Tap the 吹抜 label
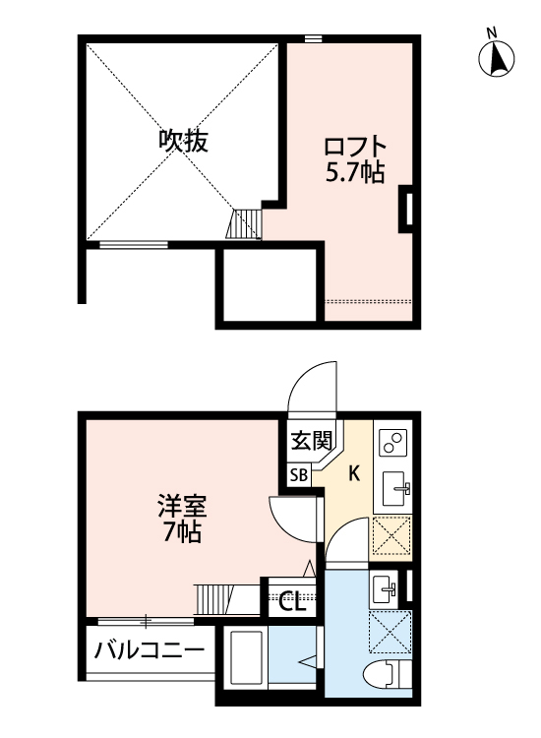(183, 142)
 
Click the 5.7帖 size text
(353, 174)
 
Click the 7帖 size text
(182, 534)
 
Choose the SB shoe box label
(299, 475)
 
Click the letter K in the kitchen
(354, 473)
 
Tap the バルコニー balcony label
(150, 650)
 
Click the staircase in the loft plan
(247, 223)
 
